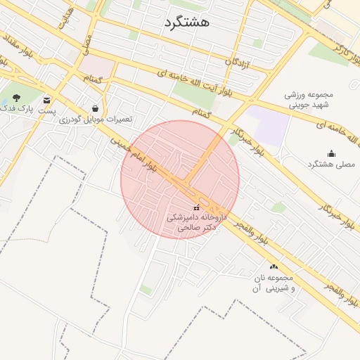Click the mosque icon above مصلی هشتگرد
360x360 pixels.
coord(331,153)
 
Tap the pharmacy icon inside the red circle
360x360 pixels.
coord(195,208)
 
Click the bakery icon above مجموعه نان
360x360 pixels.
coord(274,266)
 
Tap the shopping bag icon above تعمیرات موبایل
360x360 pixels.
coord(95,108)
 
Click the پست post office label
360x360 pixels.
coord(47,111)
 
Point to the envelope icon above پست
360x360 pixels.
coord(47,100)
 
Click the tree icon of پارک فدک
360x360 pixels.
coord(16,98)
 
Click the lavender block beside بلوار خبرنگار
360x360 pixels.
coord(269,124)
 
